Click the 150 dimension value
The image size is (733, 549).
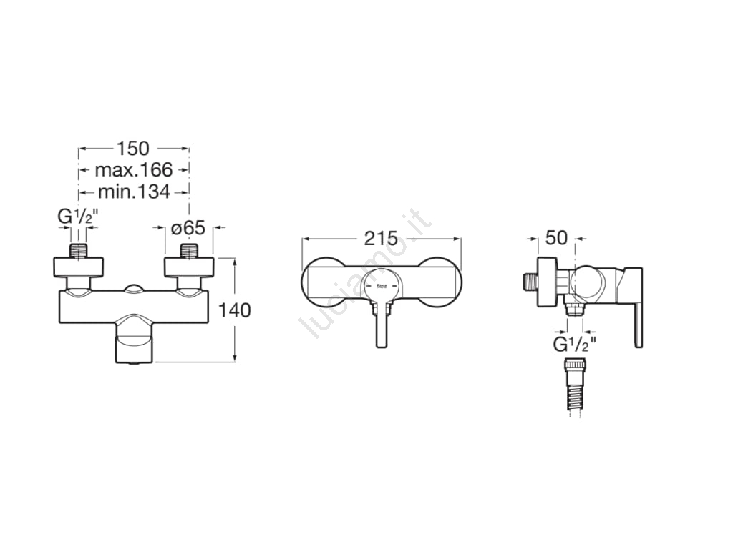point(132,149)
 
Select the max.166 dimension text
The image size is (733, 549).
point(134,170)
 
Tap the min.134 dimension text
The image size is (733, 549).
point(134,192)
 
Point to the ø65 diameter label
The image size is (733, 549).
point(188,228)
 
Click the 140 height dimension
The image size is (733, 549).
point(235,310)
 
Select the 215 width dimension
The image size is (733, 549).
point(381,238)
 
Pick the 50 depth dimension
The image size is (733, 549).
point(556,238)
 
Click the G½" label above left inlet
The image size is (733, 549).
point(78,217)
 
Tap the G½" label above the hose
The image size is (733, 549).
point(575,344)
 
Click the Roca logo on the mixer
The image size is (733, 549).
point(382,286)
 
